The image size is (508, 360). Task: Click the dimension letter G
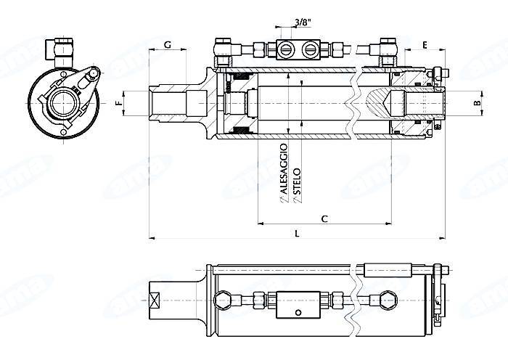pos(168,45)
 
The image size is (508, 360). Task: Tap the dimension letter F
pos(118,103)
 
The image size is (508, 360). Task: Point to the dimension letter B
pos(476,103)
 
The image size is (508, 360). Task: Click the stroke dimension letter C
pos(324,218)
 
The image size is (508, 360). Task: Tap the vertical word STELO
pos(297,181)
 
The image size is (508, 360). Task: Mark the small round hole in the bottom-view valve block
pos(297,314)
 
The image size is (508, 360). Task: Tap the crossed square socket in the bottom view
pos(156,298)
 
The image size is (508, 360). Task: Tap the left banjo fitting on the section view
pos(222,49)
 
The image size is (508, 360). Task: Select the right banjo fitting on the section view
pos(385,49)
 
